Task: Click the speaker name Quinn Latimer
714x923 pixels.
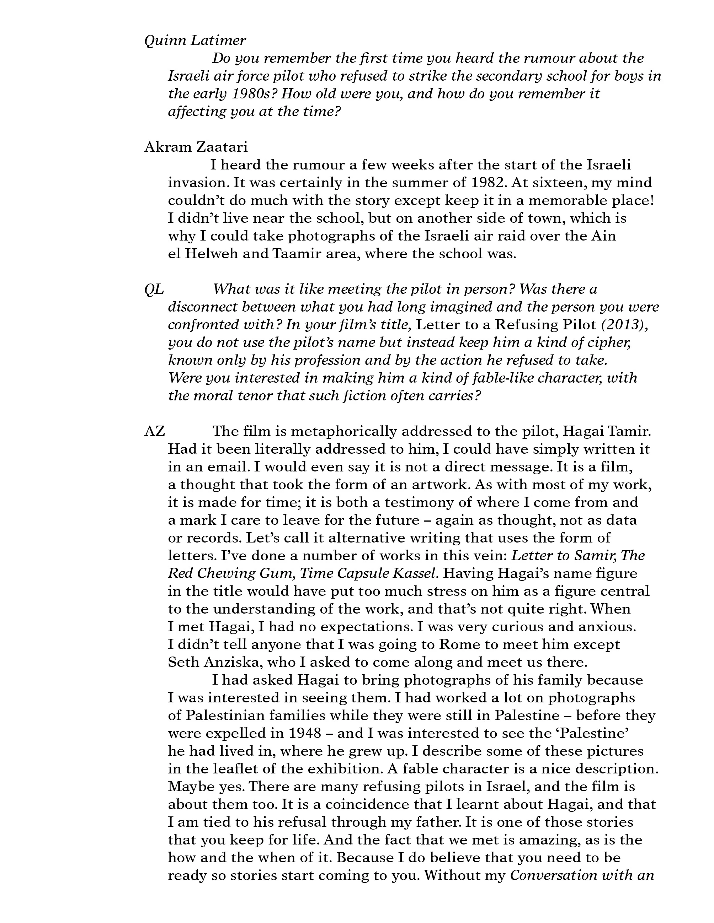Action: point(195,41)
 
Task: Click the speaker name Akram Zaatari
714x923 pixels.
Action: point(196,147)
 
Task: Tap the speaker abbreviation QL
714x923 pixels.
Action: point(154,289)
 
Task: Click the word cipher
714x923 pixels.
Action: point(606,342)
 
